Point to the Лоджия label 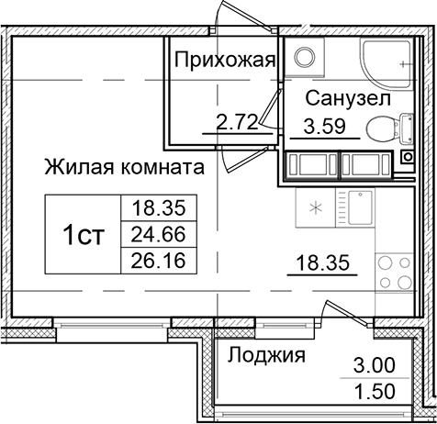266,355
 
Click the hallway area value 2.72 236,119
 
